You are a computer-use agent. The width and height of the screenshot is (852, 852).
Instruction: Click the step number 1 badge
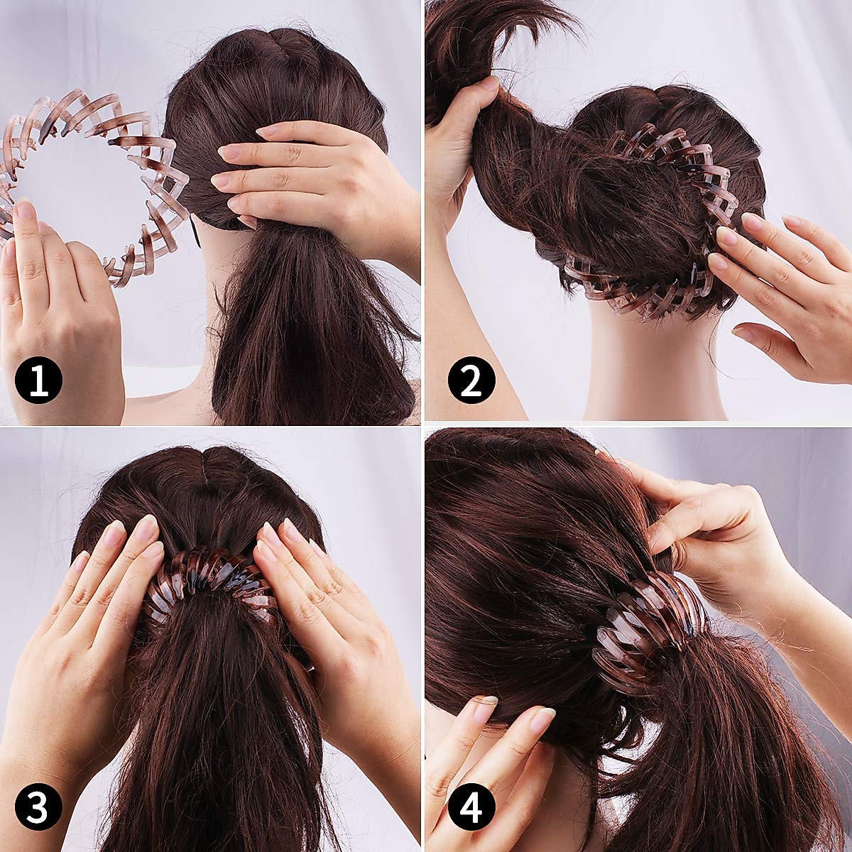pos(38,380)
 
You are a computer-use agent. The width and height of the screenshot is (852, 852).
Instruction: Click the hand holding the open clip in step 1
pos(53,305)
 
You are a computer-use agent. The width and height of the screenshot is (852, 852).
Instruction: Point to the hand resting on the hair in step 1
pos(327,177)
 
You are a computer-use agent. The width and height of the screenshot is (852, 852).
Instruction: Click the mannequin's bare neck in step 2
pos(653,369)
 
